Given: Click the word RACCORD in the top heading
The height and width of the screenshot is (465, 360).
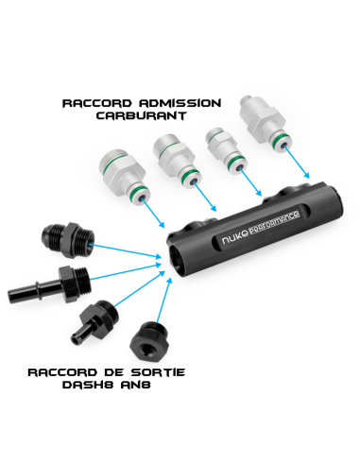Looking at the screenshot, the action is coord(96,103).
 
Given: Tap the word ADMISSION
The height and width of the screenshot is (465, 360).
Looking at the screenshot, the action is coord(180,103).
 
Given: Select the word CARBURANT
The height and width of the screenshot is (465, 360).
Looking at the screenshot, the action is coord(141,115).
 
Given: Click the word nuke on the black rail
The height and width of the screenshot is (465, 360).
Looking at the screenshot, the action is coord(234,239).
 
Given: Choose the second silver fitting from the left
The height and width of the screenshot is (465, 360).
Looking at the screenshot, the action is coord(176,161).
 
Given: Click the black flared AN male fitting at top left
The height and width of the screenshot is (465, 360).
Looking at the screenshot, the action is coord(67,240).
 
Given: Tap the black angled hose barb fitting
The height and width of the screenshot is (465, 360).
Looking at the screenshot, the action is coord(95,321).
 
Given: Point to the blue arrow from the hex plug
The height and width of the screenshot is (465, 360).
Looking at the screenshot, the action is coord(164,300).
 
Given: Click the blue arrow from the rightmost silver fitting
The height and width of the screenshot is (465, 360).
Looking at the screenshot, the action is coord(297,162).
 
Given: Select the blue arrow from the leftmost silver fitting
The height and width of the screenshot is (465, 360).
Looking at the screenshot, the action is coord(153,213).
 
